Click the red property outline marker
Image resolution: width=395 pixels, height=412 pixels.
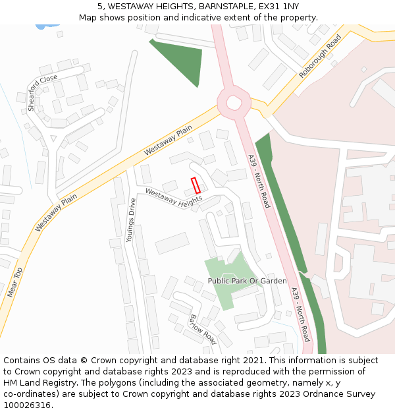196,185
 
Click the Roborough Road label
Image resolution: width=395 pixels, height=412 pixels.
321,57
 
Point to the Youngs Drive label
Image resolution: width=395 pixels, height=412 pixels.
131,220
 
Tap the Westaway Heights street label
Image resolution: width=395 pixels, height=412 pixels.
174,198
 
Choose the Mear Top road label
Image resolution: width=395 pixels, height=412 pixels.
14,282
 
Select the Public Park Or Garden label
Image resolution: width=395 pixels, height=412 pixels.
247,281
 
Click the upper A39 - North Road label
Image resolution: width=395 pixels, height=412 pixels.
258,181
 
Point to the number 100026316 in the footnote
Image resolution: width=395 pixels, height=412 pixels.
27,405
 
